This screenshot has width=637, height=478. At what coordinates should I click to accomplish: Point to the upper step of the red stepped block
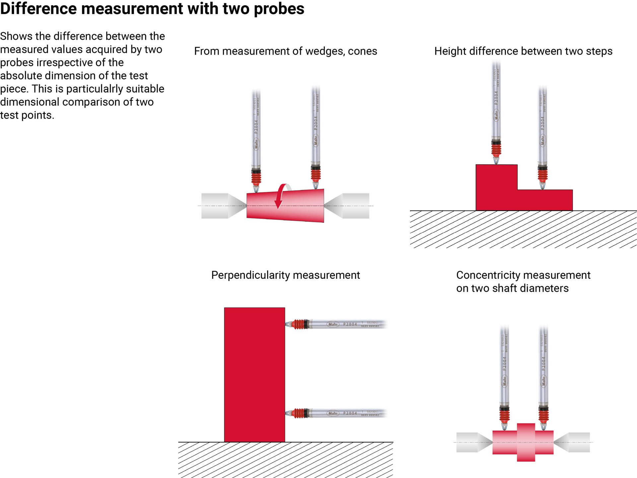point(496,182)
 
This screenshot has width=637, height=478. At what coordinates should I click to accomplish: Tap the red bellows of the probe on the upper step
point(496,149)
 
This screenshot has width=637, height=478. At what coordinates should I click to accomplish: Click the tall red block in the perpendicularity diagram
point(254,375)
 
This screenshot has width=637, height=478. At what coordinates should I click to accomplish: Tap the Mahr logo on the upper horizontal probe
point(333,324)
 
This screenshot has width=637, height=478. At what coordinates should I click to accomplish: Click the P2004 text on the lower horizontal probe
point(350,413)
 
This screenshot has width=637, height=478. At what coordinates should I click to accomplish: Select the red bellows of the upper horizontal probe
point(299,324)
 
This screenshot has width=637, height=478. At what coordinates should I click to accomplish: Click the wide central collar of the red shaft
point(526,442)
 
